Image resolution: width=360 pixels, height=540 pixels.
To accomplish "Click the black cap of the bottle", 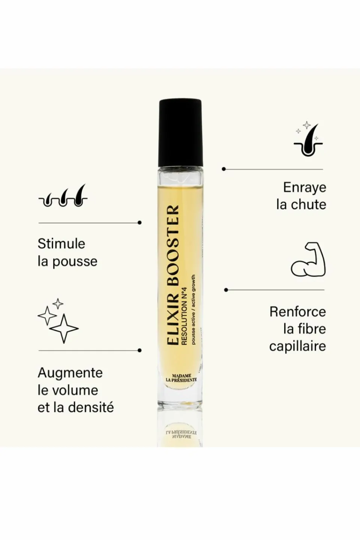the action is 180,132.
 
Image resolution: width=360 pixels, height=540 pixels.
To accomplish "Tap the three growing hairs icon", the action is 63,195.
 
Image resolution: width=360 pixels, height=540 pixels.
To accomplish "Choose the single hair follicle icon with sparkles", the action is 308,139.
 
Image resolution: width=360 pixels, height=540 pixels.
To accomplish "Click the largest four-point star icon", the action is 64,328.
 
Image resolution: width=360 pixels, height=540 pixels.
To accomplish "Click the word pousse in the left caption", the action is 75,262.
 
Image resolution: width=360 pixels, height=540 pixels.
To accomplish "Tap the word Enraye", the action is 304,188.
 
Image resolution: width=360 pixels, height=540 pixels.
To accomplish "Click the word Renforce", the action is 298,312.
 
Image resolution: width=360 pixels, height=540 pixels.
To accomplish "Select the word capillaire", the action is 297,346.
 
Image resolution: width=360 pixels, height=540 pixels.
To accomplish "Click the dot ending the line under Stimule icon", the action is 139,222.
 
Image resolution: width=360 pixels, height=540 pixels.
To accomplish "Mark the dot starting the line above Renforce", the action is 226,290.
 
